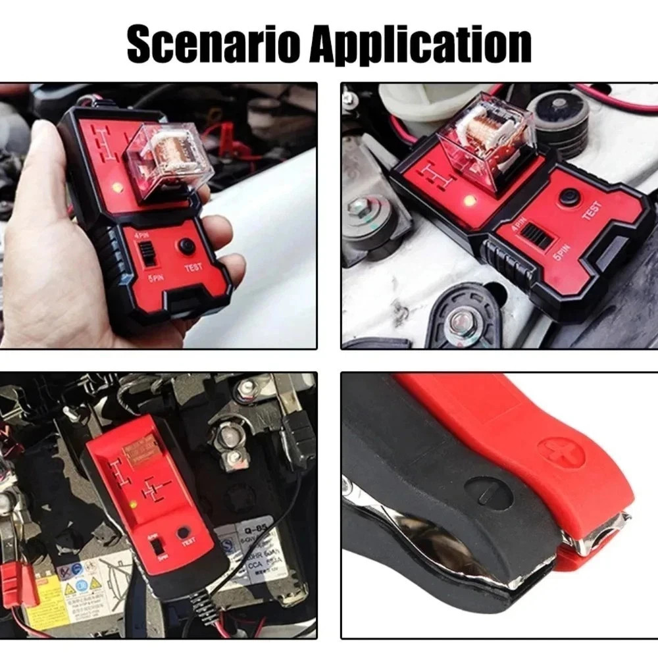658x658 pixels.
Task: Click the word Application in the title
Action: click(421, 45)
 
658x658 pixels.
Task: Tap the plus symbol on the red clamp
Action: click(561, 453)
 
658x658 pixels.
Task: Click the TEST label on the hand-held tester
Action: click(193, 268)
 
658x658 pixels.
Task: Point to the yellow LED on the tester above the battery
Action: click(133, 505)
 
